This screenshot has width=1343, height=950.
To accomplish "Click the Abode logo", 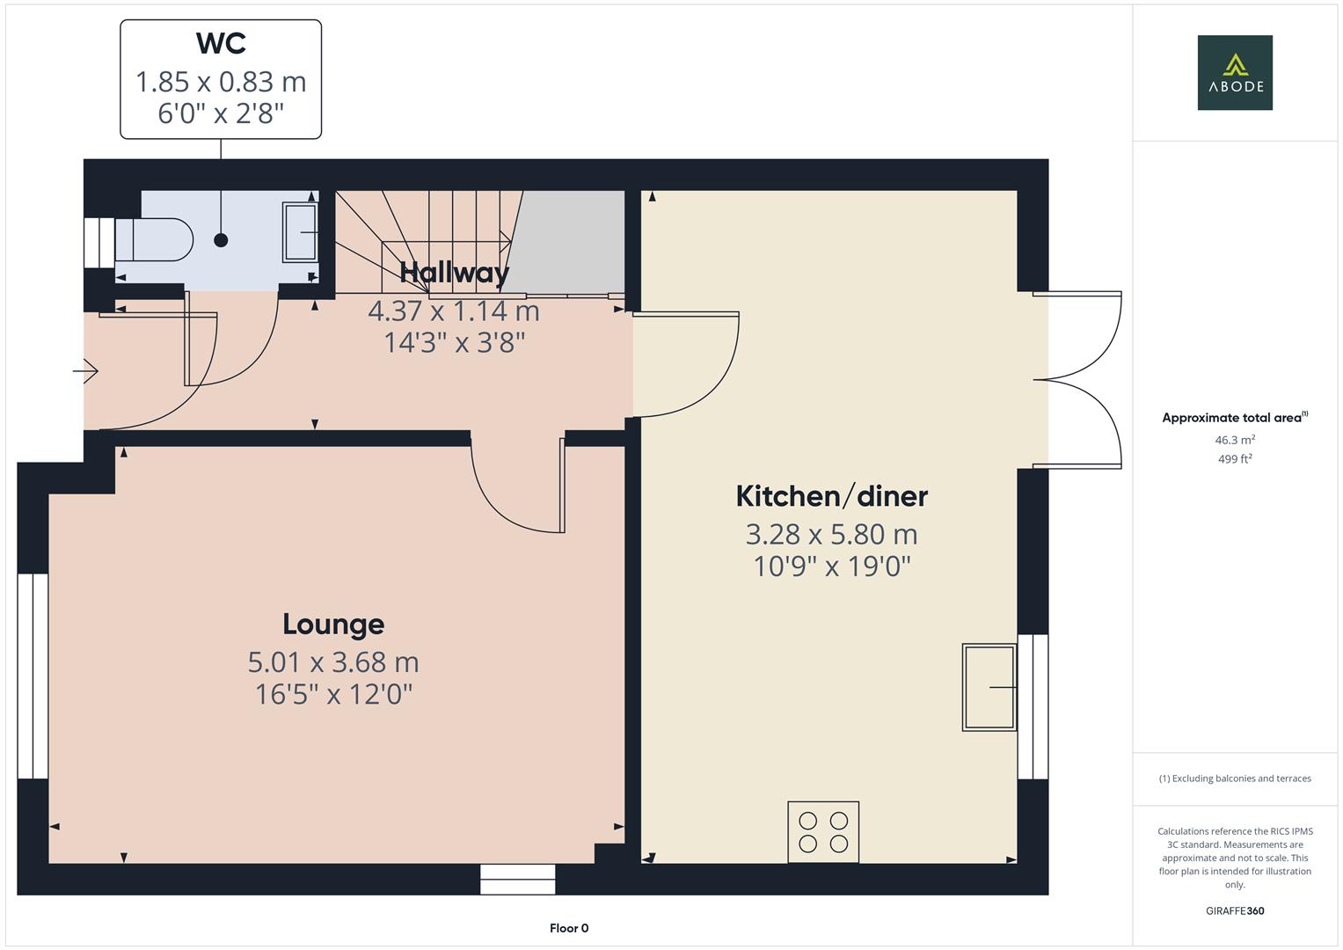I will click(1235, 72).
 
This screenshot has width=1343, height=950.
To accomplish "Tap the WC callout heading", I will click(221, 43).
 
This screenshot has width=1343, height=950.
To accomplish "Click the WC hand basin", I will click(299, 232).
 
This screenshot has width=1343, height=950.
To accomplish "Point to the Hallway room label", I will click(455, 273).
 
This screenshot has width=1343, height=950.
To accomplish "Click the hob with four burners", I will click(823, 832).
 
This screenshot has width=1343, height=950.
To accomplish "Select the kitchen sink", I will click(989, 687).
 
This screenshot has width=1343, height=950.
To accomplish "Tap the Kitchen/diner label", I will click(831, 496).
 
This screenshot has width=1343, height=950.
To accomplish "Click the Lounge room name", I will click(333, 625).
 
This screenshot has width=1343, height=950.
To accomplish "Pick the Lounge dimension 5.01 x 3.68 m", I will click(333, 661).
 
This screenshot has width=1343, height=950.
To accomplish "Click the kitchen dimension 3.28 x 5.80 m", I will click(831, 534).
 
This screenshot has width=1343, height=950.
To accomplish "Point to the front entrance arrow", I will click(85, 372).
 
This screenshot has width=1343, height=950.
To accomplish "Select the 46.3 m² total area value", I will click(1235, 440).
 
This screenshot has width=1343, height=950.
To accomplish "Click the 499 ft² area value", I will click(1235, 459).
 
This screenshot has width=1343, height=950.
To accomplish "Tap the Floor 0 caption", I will click(569, 928).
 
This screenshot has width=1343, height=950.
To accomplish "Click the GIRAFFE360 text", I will click(1235, 910).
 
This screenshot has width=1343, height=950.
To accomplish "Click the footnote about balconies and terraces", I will click(1235, 778).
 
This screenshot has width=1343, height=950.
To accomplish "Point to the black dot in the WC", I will click(221, 240).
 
